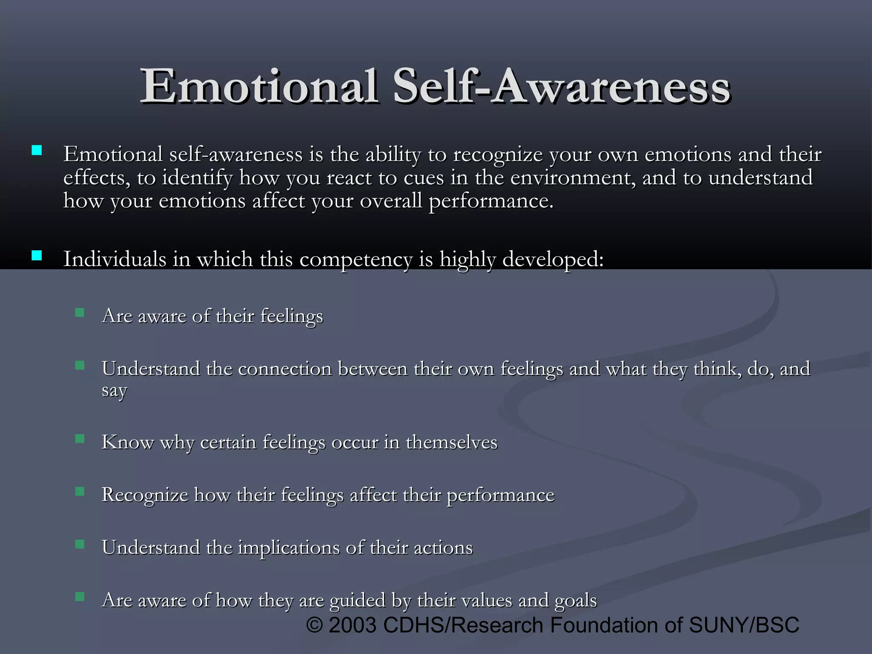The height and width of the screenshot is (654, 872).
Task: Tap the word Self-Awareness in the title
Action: click(x=562, y=87)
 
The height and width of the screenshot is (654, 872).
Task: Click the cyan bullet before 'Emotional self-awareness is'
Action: click(x=37, y=150)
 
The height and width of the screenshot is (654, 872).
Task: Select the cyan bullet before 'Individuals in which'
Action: click(x=37, y=255)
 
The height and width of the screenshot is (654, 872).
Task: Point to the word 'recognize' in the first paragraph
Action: click(x=498, y=155)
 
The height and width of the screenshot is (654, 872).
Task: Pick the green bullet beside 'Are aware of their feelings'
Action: click(x=80, y=313)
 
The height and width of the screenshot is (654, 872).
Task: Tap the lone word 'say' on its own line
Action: click(x=114, y=391)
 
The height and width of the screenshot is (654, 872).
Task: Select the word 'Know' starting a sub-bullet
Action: click(x=127, y=442)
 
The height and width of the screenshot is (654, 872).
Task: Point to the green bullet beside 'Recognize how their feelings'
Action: click(x=80, y=492)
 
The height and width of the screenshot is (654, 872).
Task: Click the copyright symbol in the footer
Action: click(x=315, y=625)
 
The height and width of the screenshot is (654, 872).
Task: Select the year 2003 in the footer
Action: click(x=353, y=625)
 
